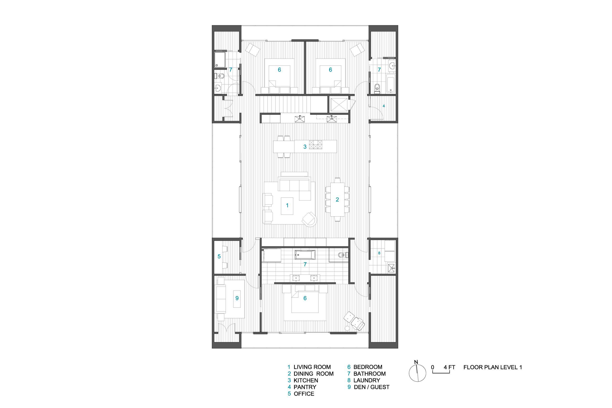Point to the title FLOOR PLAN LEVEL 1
point(492,367)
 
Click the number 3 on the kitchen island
point(305,147)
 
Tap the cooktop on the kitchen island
point(316,145)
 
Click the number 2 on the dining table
point(337,200)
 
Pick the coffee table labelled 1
point(287,206)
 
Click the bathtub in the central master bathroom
point(305,255)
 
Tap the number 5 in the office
point(219,256)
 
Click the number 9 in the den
point(237,298)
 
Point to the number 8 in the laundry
point(379,253)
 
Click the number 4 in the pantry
point(383,106)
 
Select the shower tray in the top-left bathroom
point(220,60)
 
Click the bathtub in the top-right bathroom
point(391,83)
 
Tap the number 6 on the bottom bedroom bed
point(305,298)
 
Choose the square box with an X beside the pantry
point(339,104)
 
